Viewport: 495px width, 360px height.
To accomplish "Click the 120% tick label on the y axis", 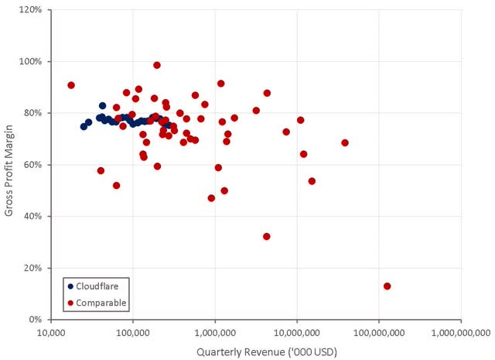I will coord(32,10).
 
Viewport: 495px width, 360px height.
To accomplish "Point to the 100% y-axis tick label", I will coord(32,61).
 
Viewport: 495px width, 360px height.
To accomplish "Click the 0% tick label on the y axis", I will coord(36,319).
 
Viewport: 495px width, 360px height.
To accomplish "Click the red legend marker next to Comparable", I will coord(70,303).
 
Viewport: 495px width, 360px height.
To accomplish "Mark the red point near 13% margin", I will coord(387,286).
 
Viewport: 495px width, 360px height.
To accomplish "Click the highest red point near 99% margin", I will coord(157,65).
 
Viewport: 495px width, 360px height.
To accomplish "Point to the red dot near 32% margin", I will coord(267,236).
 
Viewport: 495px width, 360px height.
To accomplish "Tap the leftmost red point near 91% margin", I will coord(71,85).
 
